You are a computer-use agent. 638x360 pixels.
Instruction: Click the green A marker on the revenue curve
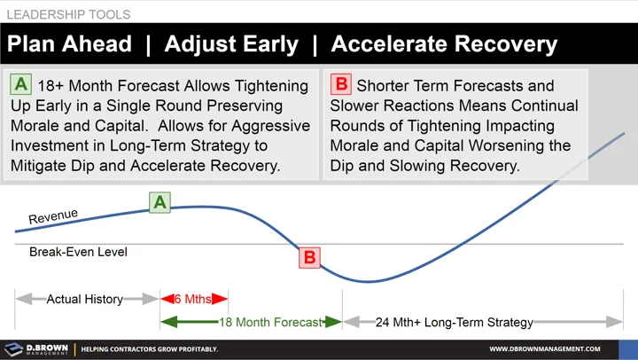click(159, 202)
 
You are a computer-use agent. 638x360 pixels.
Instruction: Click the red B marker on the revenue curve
click(309, 258)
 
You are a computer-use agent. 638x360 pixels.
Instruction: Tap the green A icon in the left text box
click(21, 85)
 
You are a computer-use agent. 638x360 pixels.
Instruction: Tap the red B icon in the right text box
click(340, 85)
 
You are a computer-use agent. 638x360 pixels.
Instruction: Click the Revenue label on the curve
click(53, 216)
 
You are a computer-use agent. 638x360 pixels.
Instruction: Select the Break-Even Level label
click(78, 252)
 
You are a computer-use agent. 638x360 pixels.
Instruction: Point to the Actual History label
click(84, 299)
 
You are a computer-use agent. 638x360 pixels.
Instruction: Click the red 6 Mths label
click(192, 299)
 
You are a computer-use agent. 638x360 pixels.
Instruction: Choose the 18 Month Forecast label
click(269, 323)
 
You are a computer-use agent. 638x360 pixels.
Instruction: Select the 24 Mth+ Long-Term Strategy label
click(455, 323)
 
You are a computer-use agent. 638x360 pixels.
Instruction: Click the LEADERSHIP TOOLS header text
click(68, 14)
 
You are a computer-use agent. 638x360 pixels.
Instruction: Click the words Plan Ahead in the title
click(70, 44)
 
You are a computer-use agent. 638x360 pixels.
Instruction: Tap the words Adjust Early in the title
click(231, 44)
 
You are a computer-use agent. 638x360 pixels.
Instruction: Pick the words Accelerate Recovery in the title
click(444, 44)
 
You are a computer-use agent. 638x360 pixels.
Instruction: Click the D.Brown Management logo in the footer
click(36, 349)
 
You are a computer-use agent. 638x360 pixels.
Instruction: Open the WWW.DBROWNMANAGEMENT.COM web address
click(545, 349)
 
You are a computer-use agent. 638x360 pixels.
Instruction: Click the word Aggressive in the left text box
click(268, 126)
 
